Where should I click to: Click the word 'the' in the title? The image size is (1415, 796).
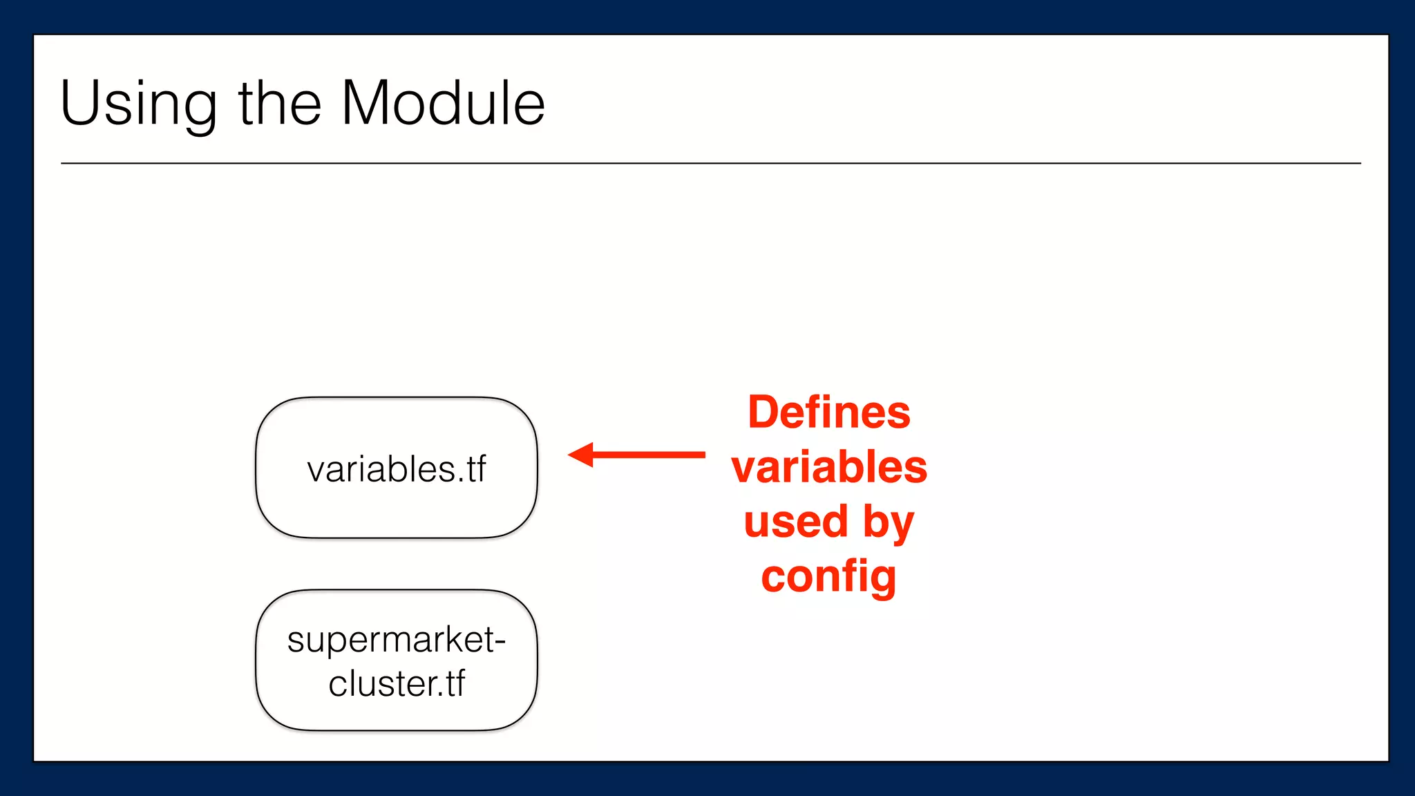point(280,104)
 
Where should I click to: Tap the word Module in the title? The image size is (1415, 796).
point(443,104)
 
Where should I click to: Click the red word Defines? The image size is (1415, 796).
point(829,413)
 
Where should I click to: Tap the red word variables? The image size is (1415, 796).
point(829,467)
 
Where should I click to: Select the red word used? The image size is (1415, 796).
point(795,522)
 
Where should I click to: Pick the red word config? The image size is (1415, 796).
point(828,577)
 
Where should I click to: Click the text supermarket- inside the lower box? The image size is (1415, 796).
point(396,640)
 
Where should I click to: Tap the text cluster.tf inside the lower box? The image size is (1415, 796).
point(397,684)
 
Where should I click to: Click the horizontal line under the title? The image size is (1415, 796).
point(710,163)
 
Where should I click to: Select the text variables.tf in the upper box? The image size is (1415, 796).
point(397,469)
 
